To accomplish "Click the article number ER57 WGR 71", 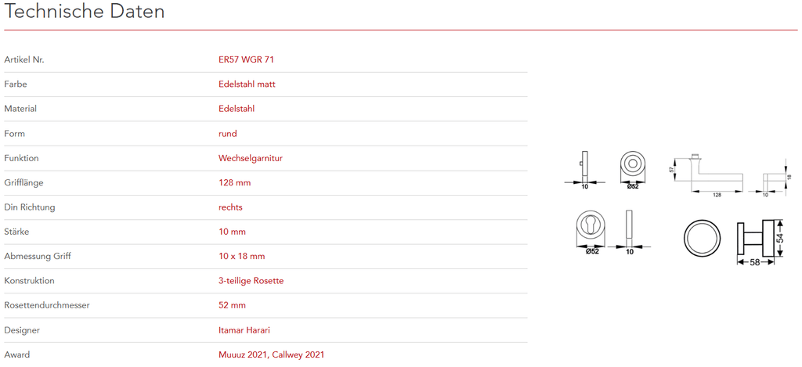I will pyautogui.click(x=246, y=59).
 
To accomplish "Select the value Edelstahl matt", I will pyautogui.click(x=247, y=84).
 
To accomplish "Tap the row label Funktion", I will pyautogui.click(x=21, y=158).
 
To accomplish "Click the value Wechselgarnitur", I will pyautogui.click(x=250, y=158).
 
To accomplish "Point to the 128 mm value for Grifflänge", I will pyautogui.click(x=234, y=182).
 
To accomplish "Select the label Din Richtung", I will pyautogui.click(x=30, y=207).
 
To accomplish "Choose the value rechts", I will pyautogui.click(x=230, y=207).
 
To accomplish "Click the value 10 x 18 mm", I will pyautogui.click(x=241, y=256).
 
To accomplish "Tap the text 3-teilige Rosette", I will pyautogui.click(x=251, y=280).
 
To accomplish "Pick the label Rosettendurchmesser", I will pyautogui.click(x=47, y=305).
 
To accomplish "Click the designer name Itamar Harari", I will pyautogui.click(x=244, y=330).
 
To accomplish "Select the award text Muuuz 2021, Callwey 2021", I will pyautogui.click(x=271, y=354).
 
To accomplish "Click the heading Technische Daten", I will pyautogui.click(x=85, y=13).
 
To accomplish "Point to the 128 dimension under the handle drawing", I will pyautogui.click(x=717, y=195).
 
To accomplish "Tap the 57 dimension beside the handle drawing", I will pyautogui.click(x=673, y=170).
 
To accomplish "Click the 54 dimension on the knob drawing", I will pyautogui.click(x=780, y=238).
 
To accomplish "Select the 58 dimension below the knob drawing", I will pyautogui.click(x=755, y=262).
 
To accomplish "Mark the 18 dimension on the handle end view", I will pyautogui.click(x=789, y=177).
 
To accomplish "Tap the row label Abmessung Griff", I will pyautogui.click(x=38, y=256).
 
